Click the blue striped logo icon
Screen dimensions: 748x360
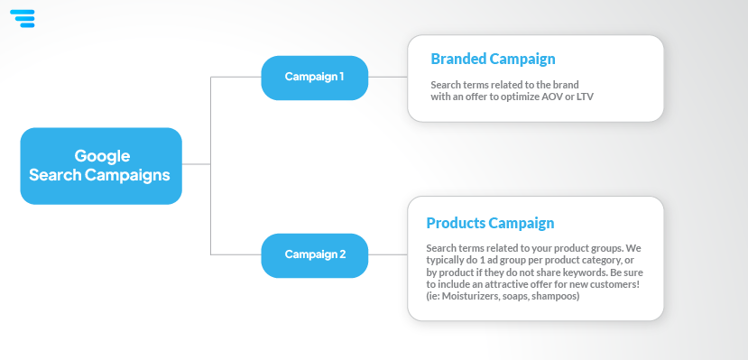[23, 19]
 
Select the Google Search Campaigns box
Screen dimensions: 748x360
[101, 166]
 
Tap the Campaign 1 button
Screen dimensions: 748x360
[314, 78]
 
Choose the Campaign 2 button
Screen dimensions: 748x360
[314, 255]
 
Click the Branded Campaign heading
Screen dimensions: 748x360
[493, 59]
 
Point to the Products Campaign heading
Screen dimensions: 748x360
[490, 223]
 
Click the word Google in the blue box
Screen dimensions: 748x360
[102, 156]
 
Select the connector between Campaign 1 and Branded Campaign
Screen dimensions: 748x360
[388, 77]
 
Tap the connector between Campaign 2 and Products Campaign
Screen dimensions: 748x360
[388, 254]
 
